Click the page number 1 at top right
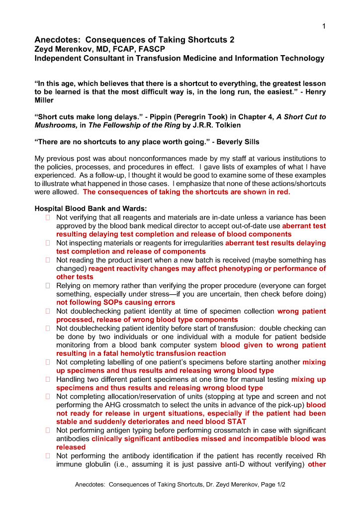323,26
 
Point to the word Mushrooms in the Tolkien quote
54,125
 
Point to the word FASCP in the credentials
152,49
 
